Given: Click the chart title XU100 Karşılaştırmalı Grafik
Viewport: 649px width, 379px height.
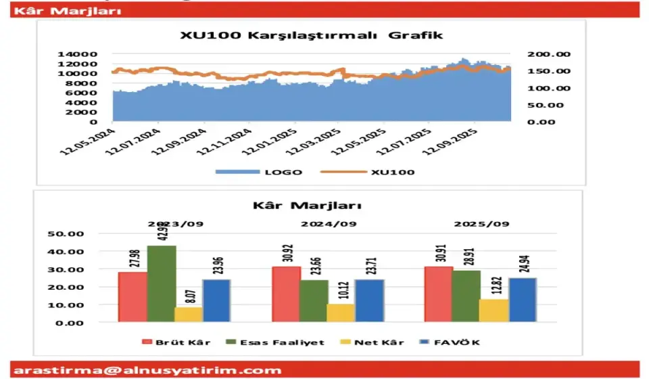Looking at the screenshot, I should (x=312, y=35).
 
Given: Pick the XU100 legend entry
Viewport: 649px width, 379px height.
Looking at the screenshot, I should (x=378, y=172).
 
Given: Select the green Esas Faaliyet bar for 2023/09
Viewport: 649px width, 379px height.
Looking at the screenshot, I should (x=162, y=284).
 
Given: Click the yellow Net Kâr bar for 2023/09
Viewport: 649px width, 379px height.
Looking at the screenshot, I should (x=188, y=315).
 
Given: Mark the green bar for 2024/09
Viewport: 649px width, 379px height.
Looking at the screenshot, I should (x=313, y=300).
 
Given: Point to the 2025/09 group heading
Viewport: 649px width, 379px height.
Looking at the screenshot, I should (x=481, y=223).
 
